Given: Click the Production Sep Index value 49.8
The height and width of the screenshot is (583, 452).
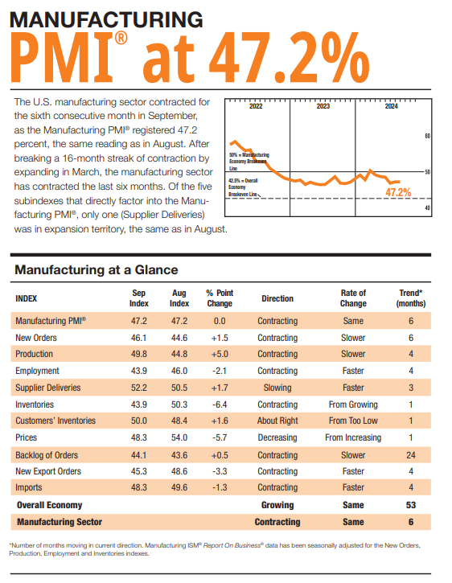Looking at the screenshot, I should (139, 354).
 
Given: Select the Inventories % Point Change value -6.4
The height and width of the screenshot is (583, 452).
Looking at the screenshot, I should (219, 404).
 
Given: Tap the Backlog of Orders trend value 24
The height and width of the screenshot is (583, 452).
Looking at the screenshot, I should (410, 454).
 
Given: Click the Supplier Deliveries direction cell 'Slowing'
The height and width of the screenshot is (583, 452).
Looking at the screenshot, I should (277, 388).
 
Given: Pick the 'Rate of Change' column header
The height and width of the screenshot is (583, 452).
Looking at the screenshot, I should (353, 298).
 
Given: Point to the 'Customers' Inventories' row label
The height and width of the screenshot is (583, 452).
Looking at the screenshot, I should (55, 421).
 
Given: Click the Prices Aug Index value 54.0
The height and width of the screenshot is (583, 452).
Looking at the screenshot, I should (179, 437).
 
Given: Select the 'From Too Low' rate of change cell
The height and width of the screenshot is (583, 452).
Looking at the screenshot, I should (353, 421).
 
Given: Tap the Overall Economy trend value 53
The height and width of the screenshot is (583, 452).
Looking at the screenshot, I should (410, 505).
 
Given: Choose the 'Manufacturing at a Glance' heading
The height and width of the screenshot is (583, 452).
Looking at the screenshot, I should (97, 269).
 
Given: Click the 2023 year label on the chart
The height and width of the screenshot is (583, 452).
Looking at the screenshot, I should (323, 106).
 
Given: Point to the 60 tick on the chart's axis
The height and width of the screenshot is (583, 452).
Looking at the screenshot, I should (427, 136).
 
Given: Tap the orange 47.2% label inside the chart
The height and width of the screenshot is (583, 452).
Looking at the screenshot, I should (398, 192).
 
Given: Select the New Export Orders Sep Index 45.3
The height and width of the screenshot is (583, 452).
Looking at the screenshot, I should (139, 471).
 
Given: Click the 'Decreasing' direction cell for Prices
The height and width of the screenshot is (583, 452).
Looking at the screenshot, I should (277, 437).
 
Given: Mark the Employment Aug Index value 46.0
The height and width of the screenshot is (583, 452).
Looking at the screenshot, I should (179, 371).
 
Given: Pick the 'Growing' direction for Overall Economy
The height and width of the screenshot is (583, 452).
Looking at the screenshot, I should (277, 505).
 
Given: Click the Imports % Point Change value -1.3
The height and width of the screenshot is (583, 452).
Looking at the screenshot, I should (219, 488).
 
